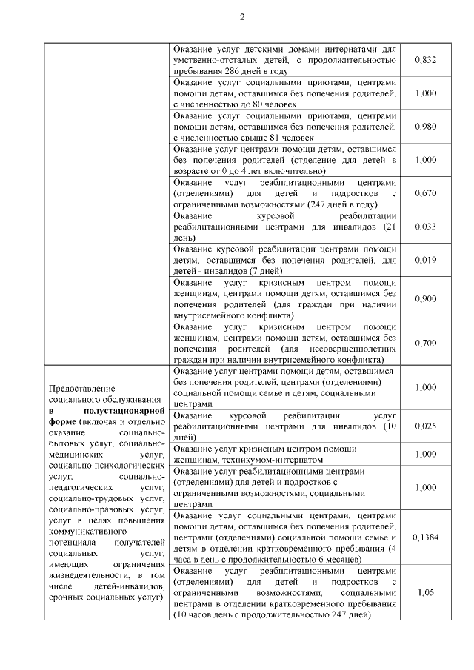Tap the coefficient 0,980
tap(425, 126)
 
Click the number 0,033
tap(425, 227)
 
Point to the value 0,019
tap(425, 260)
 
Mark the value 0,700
tap(425, 343)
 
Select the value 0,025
tap(425, 426)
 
